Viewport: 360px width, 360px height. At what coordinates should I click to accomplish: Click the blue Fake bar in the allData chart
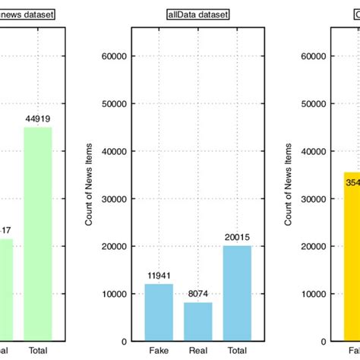159,311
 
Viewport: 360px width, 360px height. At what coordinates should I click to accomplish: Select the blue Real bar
198,321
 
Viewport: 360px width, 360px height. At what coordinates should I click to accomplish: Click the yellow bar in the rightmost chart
352,258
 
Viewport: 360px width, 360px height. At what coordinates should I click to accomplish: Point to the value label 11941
159,276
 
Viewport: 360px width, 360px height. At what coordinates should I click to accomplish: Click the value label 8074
198,294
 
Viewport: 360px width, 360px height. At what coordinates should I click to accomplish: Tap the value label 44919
38,118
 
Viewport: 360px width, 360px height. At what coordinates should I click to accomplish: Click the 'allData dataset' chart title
198,14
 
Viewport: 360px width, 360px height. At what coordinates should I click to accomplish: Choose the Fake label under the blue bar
159,349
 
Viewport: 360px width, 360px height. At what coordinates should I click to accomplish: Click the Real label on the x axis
198,349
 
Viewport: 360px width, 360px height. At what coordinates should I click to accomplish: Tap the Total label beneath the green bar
36,349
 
